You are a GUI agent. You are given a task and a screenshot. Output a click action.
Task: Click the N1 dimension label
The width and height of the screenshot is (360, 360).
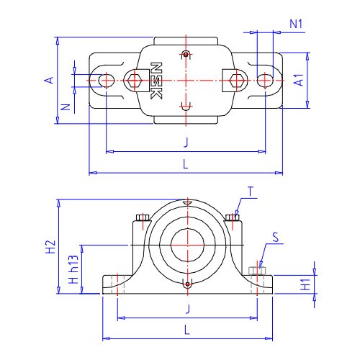296,24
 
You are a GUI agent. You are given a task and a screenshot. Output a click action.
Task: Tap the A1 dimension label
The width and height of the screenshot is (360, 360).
299,80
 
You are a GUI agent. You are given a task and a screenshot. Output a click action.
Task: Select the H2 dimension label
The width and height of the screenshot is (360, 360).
51,247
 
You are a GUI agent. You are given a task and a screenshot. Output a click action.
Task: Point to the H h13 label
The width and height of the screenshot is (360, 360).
73,269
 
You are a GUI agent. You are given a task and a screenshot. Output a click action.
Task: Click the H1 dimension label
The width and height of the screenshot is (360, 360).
306,284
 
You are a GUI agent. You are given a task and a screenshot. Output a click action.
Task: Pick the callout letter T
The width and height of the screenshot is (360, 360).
251,192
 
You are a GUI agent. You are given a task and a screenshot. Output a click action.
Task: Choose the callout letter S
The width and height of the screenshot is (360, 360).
276,237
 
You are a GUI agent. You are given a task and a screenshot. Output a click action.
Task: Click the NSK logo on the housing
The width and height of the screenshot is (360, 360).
156,81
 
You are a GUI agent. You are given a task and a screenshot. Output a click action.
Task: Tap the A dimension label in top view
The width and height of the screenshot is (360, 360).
49,80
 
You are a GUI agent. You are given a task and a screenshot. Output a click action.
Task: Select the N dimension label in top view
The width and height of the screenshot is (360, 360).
66,107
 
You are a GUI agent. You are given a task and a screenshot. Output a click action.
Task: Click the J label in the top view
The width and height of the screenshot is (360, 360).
186,142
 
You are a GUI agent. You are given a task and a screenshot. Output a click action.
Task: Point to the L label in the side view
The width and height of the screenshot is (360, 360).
187,330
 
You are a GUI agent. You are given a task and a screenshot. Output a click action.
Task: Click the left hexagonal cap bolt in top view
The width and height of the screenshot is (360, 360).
135,81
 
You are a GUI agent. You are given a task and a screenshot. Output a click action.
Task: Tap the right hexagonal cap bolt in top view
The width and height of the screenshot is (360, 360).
236,81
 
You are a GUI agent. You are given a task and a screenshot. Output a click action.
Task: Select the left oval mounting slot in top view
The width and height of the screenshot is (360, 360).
107,81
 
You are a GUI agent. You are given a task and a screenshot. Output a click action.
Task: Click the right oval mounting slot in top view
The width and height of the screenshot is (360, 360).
265,81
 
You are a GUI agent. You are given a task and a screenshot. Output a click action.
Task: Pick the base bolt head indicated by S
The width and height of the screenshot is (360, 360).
257,271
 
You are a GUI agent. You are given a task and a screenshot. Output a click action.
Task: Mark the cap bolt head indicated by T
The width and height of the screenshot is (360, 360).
233,217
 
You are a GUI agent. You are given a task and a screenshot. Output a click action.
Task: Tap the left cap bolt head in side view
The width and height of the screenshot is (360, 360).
143,217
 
